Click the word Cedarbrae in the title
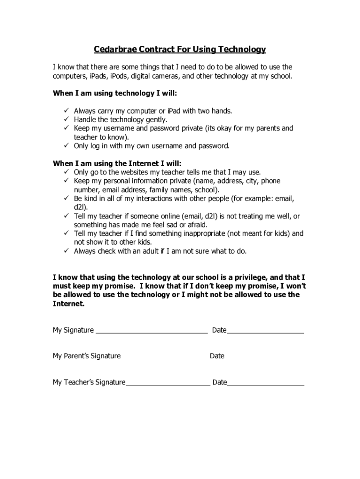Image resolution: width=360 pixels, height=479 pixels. [112, 49]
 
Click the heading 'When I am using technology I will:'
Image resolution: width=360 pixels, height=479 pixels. [115, 93]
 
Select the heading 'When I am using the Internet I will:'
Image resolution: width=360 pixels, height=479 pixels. [117, 163]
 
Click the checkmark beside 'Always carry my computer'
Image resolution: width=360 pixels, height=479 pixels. [66, 111]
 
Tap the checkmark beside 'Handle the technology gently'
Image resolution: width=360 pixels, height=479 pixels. [66, 120]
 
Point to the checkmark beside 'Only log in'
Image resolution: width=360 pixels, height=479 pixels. [66, 146]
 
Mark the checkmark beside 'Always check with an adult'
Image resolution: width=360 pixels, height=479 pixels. [66, 251]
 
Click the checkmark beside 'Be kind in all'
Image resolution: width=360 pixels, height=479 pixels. [66, 198]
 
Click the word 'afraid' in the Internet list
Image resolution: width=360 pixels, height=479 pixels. [197, 225]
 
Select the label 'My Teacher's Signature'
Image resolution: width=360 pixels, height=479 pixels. [89, 382]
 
